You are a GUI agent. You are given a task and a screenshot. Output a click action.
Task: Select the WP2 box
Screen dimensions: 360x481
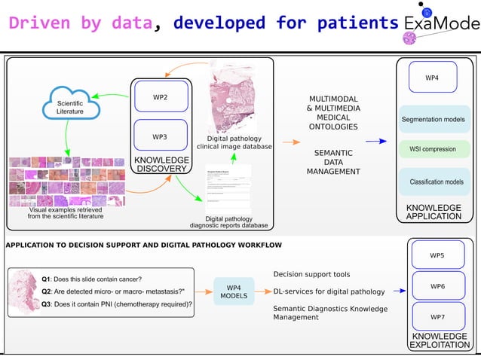click(160, 97)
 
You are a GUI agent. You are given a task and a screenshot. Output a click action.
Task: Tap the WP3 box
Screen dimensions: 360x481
click(160, 137)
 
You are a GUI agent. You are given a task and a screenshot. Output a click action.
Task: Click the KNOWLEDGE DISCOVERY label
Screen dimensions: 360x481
click(161, 164)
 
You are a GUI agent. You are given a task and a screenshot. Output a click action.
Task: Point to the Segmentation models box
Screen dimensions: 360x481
click(432, 120)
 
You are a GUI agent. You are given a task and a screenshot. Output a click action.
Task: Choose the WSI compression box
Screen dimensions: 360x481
click(432, 149)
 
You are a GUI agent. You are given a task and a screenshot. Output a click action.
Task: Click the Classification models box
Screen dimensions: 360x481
click(436, 182)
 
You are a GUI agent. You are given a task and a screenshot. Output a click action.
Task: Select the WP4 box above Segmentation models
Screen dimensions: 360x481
click(432, 78)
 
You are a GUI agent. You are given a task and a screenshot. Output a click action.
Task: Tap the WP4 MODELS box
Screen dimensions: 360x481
click(233, 291)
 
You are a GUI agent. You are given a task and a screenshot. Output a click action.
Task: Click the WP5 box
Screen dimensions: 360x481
click(437, 255)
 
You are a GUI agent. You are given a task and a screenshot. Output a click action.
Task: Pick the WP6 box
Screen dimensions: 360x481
click(437, 286)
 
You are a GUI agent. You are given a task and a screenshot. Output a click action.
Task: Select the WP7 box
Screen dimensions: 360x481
click(437, 316)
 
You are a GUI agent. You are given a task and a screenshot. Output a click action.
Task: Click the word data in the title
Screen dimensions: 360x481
click(132, 23)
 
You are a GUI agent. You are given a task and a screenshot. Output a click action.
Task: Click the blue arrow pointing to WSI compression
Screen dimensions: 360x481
click(381, 141)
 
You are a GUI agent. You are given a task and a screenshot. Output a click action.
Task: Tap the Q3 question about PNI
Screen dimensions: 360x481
click(117, 304)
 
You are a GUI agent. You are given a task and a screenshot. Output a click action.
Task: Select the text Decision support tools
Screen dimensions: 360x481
click(311, 273)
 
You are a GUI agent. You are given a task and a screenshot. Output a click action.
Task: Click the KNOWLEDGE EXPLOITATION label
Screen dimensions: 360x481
click(440, 340)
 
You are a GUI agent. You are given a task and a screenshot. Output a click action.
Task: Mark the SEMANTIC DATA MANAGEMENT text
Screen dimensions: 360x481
click(332, 162)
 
